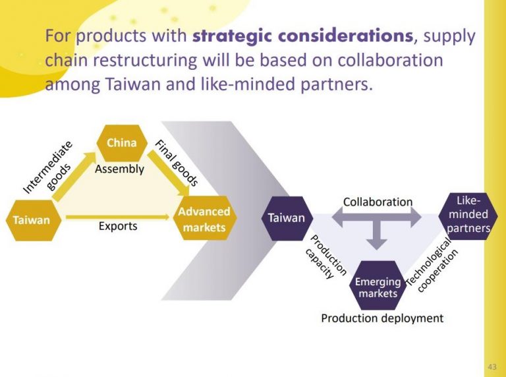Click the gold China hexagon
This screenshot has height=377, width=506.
click(x=121, y=143)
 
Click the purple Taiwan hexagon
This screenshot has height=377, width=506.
click(x=286, y=217)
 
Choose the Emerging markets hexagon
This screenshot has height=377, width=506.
click(x=378, y=286)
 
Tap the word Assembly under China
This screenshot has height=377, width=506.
click(x=119, y=169)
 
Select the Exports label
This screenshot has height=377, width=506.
click(x=118, y=226)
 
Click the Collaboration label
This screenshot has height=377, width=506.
click(x=378, y=202)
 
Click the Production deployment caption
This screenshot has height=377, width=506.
click(x=382, y=318)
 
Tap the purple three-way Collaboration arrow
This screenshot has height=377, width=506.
click(x=377, y=224)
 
